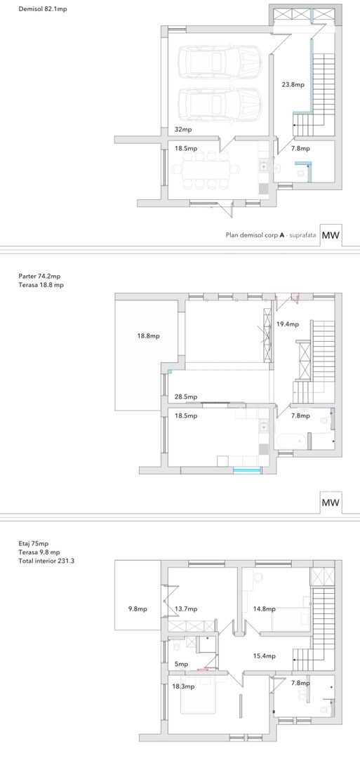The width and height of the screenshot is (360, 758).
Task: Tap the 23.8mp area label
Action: [293, 85]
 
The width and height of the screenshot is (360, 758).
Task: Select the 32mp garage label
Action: [182, 130]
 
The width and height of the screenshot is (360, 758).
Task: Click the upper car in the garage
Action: [220, 61]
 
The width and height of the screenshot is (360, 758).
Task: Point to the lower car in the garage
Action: [220, 103]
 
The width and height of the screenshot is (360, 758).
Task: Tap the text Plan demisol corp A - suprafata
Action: [271, 235]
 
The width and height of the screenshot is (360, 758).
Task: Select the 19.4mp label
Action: [288, 324]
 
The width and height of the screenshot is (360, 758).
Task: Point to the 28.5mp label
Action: [185, 397]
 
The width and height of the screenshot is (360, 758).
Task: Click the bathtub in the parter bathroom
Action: [291, 441]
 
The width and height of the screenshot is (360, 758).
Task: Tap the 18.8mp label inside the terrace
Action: [148, 335]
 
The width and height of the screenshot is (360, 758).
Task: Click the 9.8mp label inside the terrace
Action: [138, 609]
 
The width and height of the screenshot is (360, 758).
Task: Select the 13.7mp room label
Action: [186, 609]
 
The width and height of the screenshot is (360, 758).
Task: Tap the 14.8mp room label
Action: [265, 609]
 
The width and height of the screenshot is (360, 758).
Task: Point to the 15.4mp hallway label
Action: [265, 656]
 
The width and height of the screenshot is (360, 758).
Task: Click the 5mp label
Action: [182, 664]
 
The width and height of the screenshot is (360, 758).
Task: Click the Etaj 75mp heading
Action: [33, 544]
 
